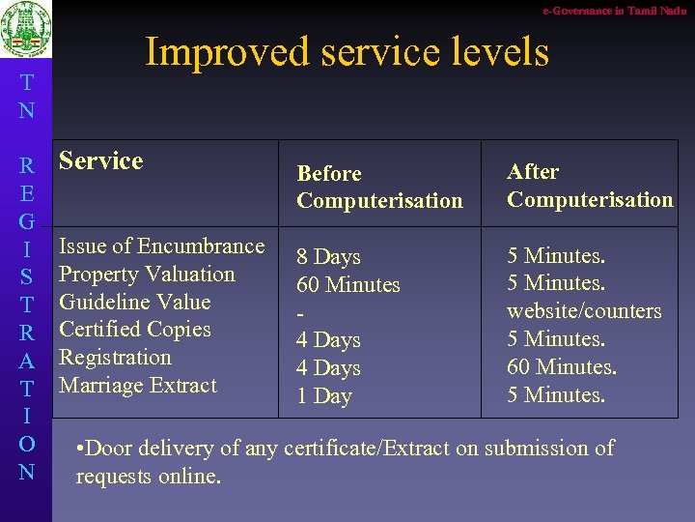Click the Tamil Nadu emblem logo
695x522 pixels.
(26, 32)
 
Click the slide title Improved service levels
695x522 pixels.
(347, 51)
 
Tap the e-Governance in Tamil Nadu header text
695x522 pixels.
(614, 10)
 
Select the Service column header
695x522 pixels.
(100, 160)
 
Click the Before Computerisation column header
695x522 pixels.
(379, 187)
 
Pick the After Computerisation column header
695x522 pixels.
(589, 186)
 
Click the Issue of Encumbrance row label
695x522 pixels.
(161, 246)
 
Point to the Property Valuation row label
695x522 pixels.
(147, 275)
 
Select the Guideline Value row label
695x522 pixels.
(134, 302)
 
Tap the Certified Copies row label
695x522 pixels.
(134, 330)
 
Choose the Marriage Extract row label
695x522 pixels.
(138, 386)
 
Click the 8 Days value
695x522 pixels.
(328, 257)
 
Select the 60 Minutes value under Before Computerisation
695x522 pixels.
(347, 285)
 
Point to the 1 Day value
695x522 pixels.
(323, 396)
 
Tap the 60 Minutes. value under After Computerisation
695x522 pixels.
(562, 367)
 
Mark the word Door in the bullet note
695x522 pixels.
(111, 449)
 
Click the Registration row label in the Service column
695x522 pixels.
(115, 358)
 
